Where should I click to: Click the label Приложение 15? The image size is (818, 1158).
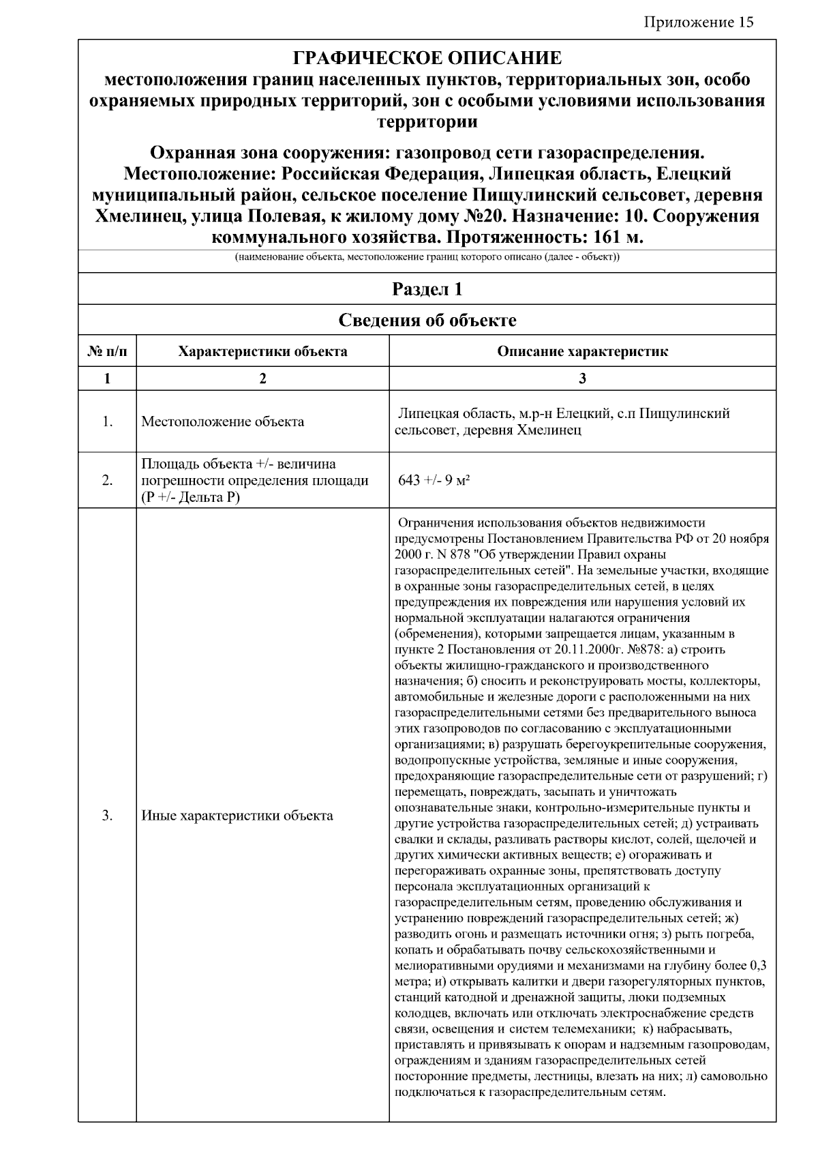tap(699, 23)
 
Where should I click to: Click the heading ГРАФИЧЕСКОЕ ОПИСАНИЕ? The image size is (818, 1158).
tap(427, 58)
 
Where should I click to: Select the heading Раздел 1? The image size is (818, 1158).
tap(427, 289)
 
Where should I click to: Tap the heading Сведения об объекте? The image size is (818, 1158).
tap(427, 320)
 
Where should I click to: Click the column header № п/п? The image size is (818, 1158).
tap(107, 352)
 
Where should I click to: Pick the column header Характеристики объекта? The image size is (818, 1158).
tap(262, 352)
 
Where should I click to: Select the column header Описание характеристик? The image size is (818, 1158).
tap(582, 352)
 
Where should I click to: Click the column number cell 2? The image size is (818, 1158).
tap(262, 379)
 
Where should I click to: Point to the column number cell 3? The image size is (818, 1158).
tap(582, 379)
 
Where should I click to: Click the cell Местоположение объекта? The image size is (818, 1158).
tap(223, 421)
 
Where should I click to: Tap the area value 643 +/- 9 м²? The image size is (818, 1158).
tap(434, 480)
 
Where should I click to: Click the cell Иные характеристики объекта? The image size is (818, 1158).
tap(237, 816)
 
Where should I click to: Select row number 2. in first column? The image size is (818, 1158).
tap(107, 480)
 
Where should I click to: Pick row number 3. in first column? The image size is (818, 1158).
tap(107, 816)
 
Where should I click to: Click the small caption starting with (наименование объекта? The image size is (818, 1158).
tap(427, 258)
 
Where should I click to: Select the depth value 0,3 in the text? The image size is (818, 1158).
tap(757, 966)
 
